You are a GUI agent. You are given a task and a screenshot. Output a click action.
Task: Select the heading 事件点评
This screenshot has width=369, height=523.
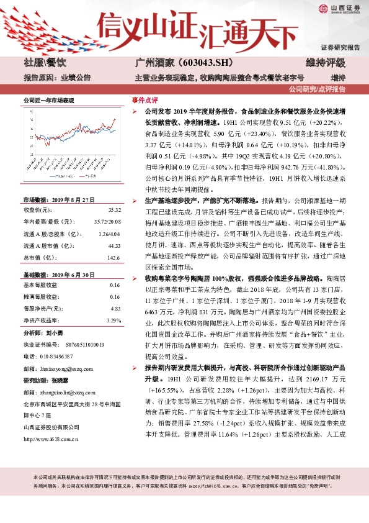[144, 99]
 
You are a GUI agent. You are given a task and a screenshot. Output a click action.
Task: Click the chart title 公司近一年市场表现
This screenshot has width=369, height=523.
[48, 101]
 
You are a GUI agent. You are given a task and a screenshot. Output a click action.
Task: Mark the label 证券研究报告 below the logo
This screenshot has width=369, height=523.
[340, 47]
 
